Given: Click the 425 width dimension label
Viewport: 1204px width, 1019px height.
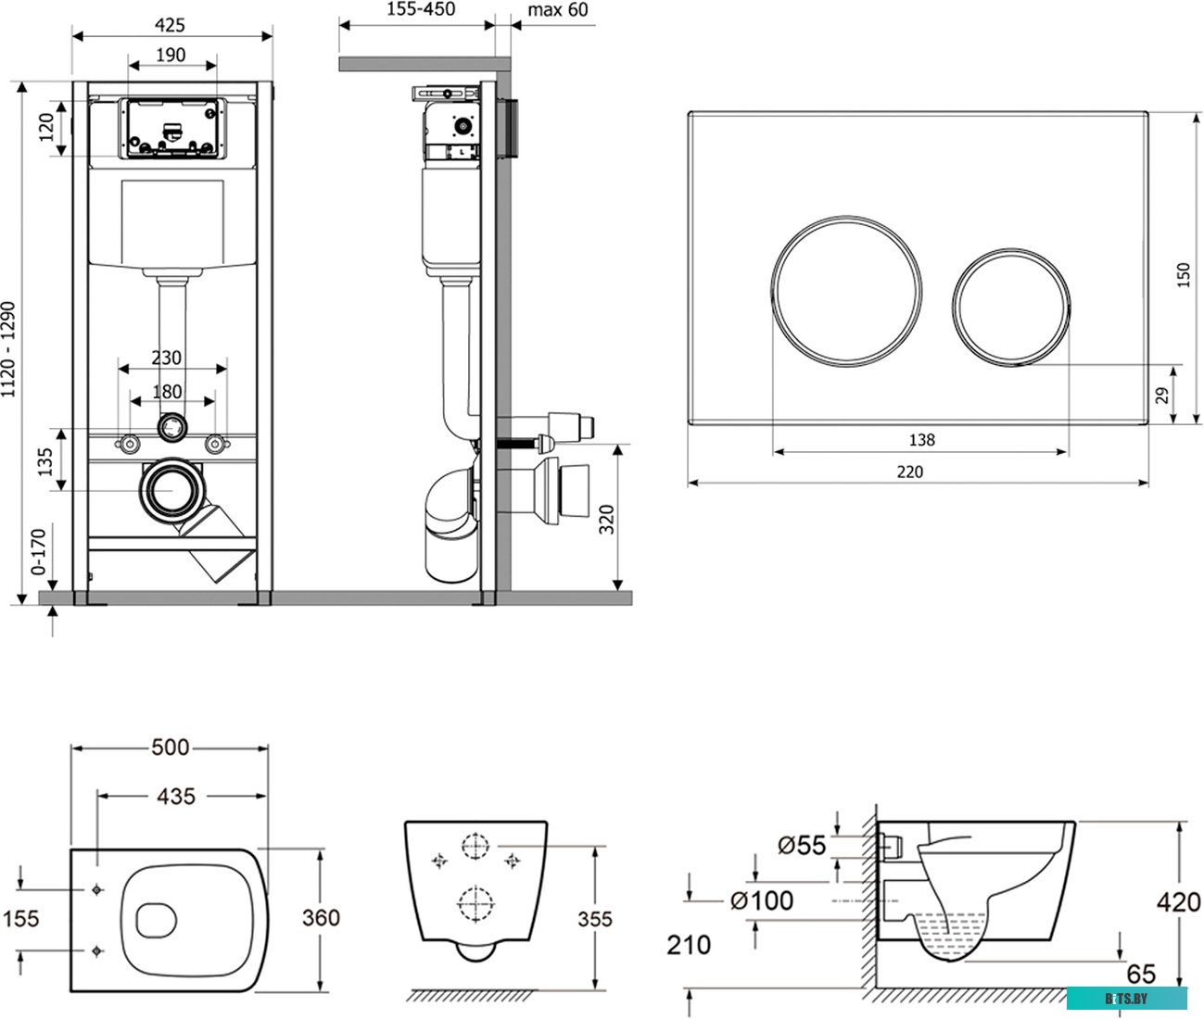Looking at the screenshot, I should pos(171,24).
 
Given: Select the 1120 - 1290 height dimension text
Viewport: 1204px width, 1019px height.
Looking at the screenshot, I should pos(9,348).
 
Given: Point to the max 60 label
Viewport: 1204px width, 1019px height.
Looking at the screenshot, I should pos(558,9).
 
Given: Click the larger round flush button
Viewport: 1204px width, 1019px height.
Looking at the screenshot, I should pos(847,289).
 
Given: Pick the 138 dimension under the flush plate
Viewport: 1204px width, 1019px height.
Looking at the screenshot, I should pos(921,440).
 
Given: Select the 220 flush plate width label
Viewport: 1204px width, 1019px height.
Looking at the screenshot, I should pos(910,472).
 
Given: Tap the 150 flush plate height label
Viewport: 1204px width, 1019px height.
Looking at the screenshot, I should pos(1184,275).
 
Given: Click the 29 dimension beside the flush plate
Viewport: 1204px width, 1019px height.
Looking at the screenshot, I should pos(1162,395).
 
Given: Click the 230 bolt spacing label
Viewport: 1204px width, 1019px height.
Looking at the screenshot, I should pos(167,358).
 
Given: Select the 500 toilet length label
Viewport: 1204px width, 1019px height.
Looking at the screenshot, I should pos(170,747).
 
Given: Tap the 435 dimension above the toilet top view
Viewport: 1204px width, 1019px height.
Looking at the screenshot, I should pos(176,796).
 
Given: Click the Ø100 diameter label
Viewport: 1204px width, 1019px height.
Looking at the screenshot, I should pos(761,900).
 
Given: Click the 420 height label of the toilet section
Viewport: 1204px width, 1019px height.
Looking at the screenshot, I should pos(1179,901).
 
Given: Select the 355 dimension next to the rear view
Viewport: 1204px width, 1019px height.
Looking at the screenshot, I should pos(594,918).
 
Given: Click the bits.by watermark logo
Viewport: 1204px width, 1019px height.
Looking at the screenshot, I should pos(1126,998).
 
